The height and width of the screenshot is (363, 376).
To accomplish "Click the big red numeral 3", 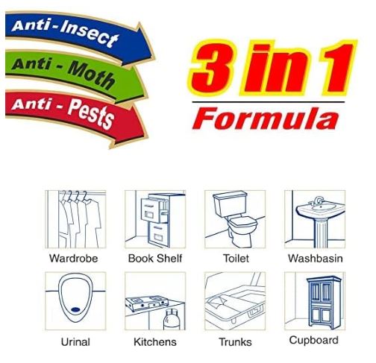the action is [x=211, y=67].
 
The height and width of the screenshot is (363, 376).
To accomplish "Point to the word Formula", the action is [x=266, y=119].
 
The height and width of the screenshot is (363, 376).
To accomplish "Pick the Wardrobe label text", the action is [x=74, y=259].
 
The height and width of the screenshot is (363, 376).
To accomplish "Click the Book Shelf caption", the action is [x=155, y=259].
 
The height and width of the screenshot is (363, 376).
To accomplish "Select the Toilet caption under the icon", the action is [x=236, y=259].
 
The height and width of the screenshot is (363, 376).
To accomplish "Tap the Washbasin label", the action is [x=316, y=259].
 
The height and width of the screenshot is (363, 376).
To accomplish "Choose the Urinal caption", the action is [x=75, y=342].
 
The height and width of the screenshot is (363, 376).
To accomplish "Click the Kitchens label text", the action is [x=155, y=342].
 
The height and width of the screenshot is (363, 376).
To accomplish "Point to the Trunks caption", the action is [x=235, y=342].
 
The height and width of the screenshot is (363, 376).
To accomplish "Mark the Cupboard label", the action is [x=314, y=341].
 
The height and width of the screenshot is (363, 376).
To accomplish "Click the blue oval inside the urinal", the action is [x=75, y=309].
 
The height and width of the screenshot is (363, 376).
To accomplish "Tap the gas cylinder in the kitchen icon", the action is [x=172, y=320].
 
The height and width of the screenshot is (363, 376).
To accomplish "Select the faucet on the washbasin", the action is [x=317, y=201].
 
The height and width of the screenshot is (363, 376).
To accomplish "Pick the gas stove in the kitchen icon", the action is [x=147, y=303].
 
